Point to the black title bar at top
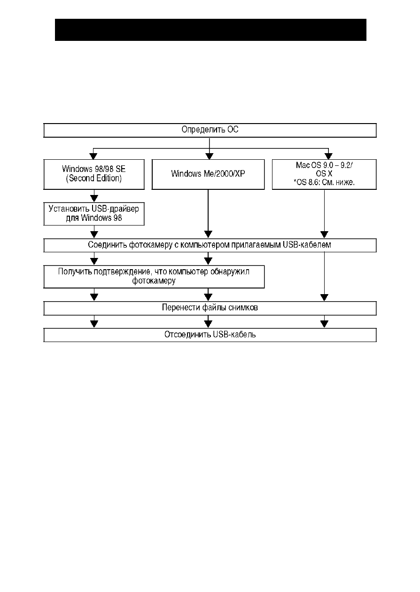[x=210, y=30]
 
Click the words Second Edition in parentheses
[x=94, y=179]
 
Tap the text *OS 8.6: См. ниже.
[x=324, y=182]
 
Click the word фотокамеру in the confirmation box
[x=154, y=280]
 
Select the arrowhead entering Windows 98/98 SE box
[x=93, y=156]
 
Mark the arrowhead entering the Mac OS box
[x=328, y=156]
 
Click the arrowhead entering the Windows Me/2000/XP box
[x=210, y=156]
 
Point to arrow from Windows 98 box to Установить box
[x=94, y=196]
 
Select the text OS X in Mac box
[x=324, y=174]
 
